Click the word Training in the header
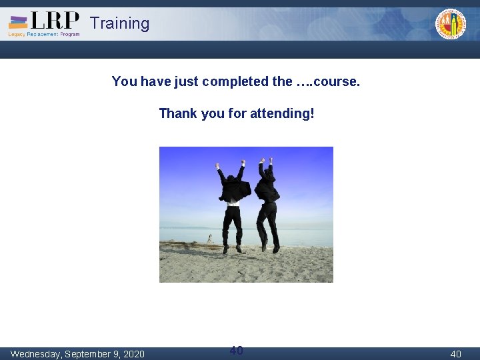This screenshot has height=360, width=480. pyautogui.click(x=120, y=23)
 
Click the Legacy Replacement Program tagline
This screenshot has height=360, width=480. pyautogui.click(x=44, y=34)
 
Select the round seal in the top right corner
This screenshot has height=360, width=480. pyautogui.click(x=451, y=23)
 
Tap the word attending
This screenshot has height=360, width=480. pyautogui.click(x=281, y=113)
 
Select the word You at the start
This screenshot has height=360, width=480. pyautogui.click(x=124, y=81)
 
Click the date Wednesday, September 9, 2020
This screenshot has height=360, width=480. pyautogui.click(x=77, y=353)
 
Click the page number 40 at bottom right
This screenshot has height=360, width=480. pyautogui.click(x=455, y=354)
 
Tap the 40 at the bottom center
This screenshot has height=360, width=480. pyautogui.click(x=236, y=350)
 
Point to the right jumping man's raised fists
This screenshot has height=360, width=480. pyautogui.click(x=266, y=161)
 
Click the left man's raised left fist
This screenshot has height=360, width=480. pyautogui.click(x=217, y=165)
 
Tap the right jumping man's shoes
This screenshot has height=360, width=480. pyautogui.click(x=269, y=249)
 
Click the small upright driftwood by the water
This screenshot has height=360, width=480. pyautogui.click(x=209, y=238)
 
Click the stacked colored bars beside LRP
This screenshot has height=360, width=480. pyautogui.click(x=18, y=22)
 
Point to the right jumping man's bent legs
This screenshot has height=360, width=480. pyautogui.click(x=268, y=223)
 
